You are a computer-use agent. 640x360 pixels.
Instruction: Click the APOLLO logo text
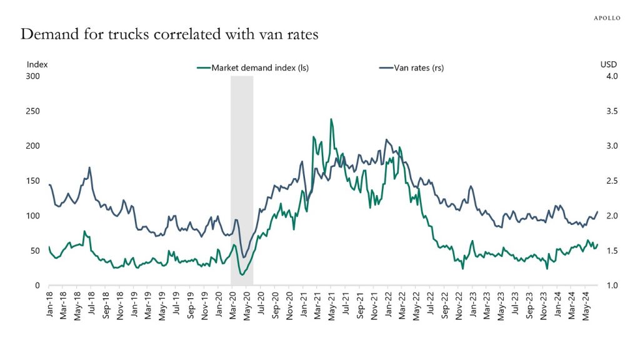(x=606, y=18)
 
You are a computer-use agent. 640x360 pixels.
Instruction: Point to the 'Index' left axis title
(x=37, y=64)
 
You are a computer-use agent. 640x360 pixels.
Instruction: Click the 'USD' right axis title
(x=608, y=64)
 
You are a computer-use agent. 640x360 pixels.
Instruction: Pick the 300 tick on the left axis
(x=32, y=76)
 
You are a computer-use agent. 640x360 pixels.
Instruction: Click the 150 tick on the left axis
(x=32, y=181)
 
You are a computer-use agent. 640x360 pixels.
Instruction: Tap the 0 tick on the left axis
(x=37, y=286)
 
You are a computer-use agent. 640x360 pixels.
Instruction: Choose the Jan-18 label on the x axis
(x=49, y=304)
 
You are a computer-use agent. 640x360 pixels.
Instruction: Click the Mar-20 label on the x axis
(x=232, y=304)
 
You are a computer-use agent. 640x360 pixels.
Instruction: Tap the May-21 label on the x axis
(x=331, y=304)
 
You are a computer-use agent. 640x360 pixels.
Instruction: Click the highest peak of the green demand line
(x=331, y=119)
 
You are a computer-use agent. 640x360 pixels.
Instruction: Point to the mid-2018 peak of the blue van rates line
(x=90, y=167)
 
